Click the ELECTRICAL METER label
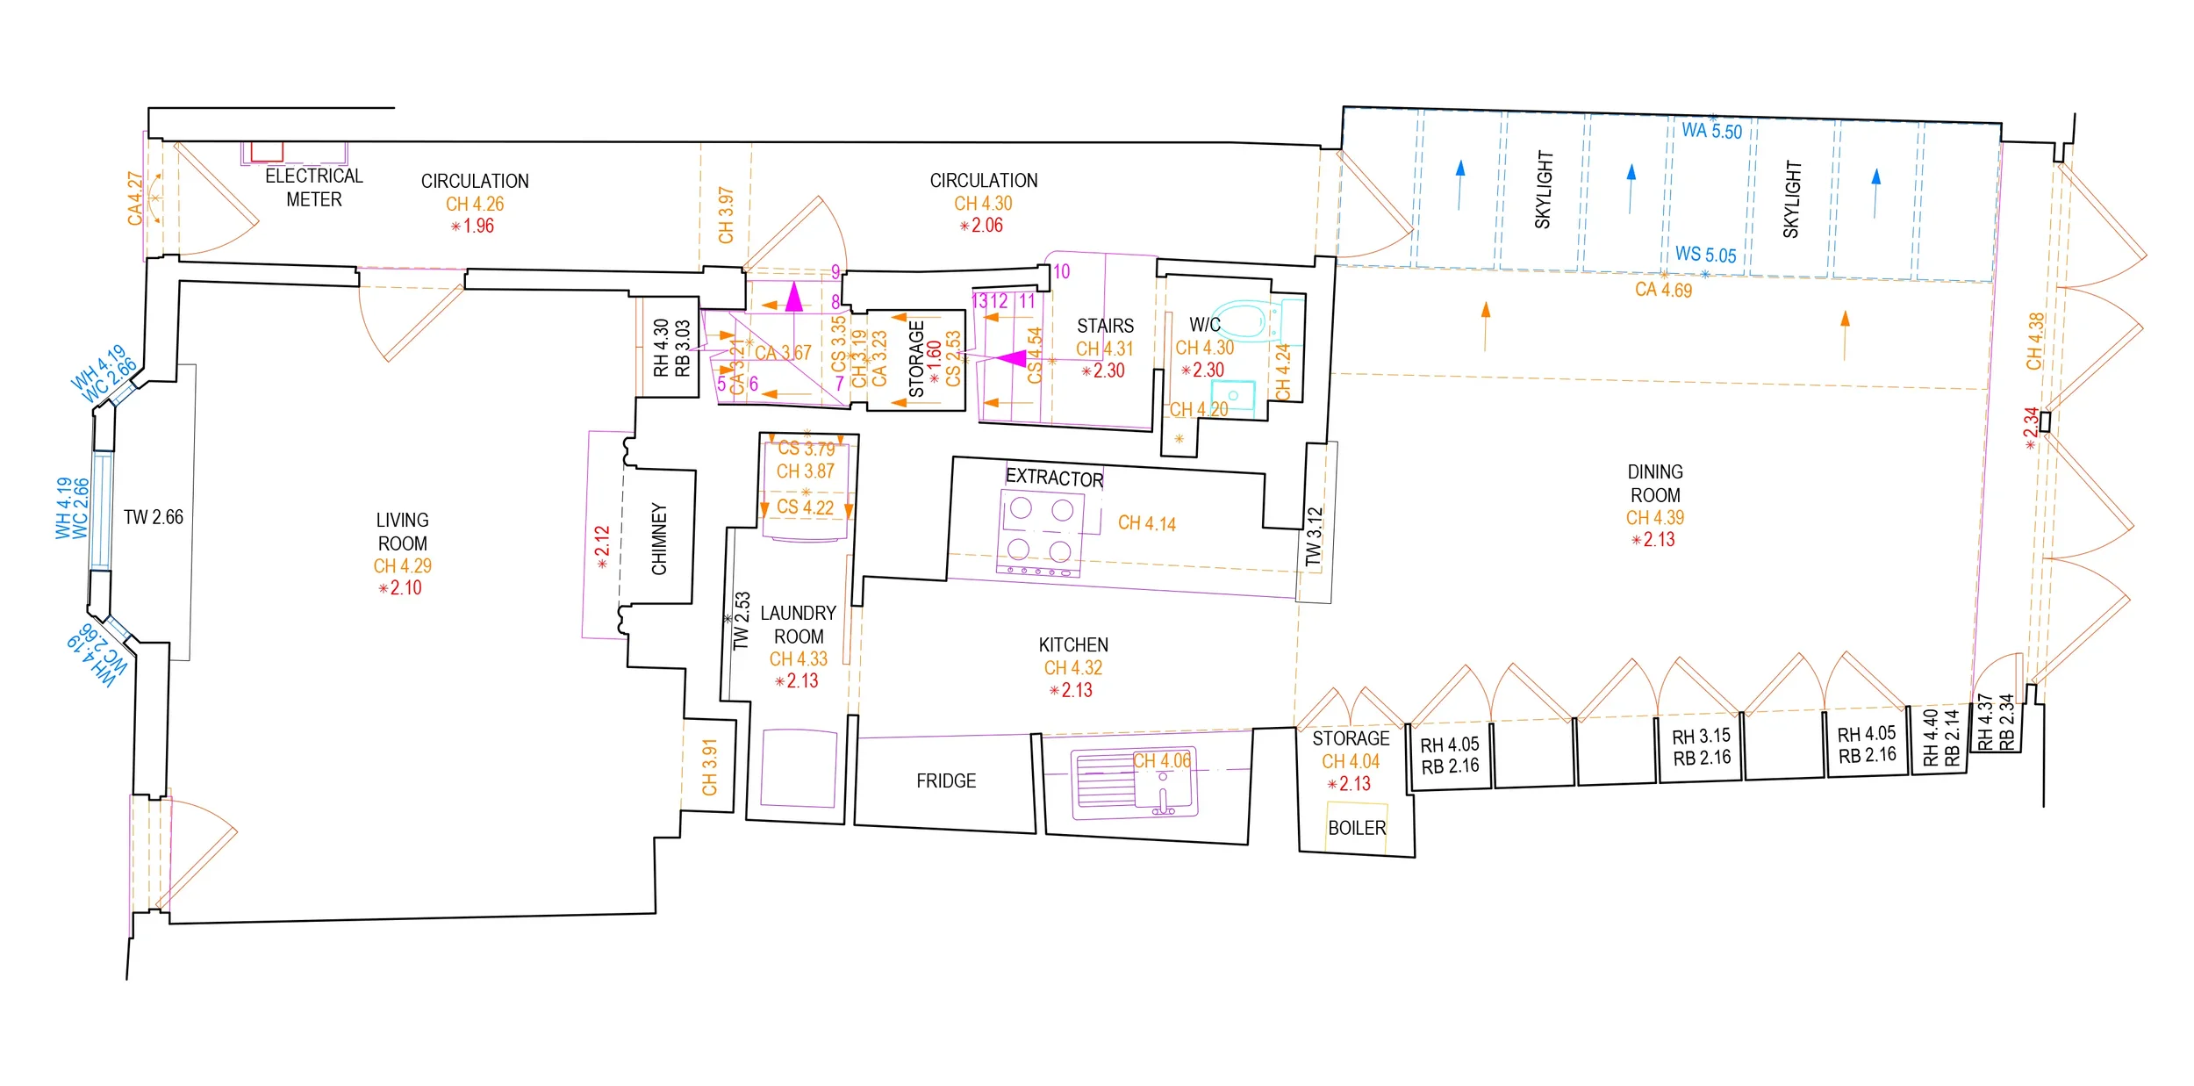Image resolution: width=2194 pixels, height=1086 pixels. coord(313,187)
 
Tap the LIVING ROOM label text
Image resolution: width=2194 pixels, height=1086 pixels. coord(402,531)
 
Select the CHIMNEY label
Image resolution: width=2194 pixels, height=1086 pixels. coord(659,538)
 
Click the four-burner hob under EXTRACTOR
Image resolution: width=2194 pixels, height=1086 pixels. coord(1040,530)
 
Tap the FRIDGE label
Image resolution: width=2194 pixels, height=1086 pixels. coord(945,780)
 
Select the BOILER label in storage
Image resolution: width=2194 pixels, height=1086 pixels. coord(1356,828)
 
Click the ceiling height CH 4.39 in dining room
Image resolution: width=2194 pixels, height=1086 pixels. coord(1654,517)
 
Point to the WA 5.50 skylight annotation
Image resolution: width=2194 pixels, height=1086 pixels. coord(1711,131)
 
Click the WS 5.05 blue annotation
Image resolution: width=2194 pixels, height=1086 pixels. coord(1705,254)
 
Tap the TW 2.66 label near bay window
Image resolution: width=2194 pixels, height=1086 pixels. coord(154,517)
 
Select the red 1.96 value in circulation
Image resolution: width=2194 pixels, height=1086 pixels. coord(478,226)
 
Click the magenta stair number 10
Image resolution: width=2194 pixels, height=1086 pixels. coord(1061,271)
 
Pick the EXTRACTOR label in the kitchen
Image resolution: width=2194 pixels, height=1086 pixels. coord(1054,478)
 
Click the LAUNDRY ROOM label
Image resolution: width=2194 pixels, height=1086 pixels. coord(798,624)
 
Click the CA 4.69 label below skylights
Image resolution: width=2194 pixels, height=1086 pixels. coord(1663,290)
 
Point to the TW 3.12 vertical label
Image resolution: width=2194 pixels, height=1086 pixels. coord(1313,536)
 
